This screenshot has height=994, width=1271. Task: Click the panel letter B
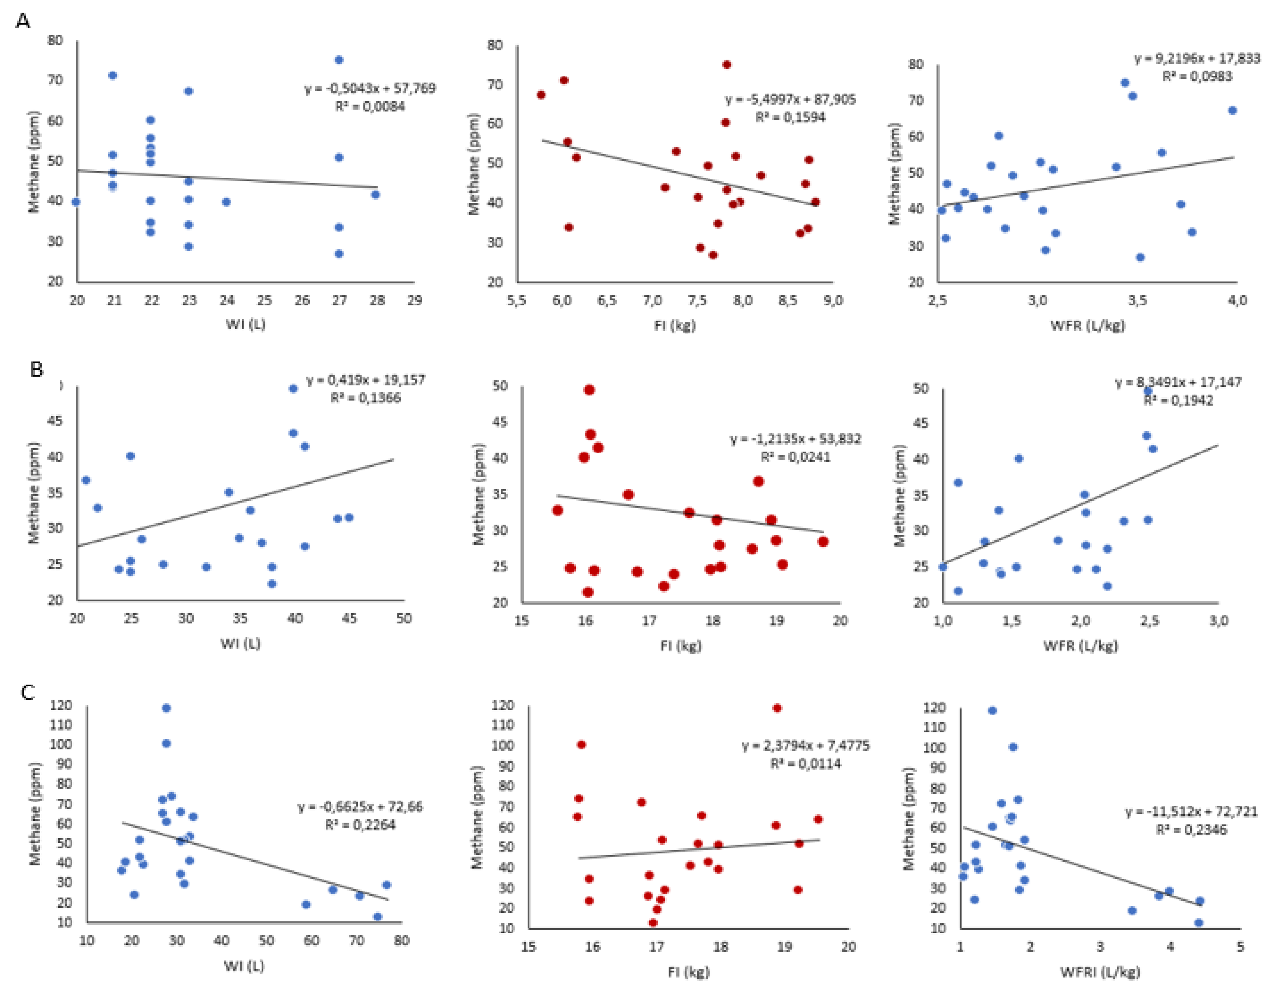[x=36, y=369]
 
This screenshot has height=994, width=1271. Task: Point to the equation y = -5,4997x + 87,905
[x=790, y=100]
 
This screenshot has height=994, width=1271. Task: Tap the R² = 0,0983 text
[x=1197, y=76]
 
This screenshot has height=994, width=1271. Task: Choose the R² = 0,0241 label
[x=795, y=457]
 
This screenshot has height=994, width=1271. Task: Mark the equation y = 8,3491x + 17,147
[x=1178, y=382]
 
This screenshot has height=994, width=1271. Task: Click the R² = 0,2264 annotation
[x=360, y=825]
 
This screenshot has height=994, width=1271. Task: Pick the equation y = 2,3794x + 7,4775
[x=805, y=746]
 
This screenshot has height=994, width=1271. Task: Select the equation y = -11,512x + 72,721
[x=1191, y=811]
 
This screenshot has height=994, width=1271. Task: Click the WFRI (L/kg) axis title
[x=1100, y=971]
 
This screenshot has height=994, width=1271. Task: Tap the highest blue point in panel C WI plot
[x=166, y=708]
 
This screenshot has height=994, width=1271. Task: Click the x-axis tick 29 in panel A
[x=414, y=300]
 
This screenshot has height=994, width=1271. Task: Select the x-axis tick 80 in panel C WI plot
[x=401, y=940]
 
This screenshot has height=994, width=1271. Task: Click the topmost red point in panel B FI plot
[x=589, y=390]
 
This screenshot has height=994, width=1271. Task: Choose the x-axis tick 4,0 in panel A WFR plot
[x=1237, y=301]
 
